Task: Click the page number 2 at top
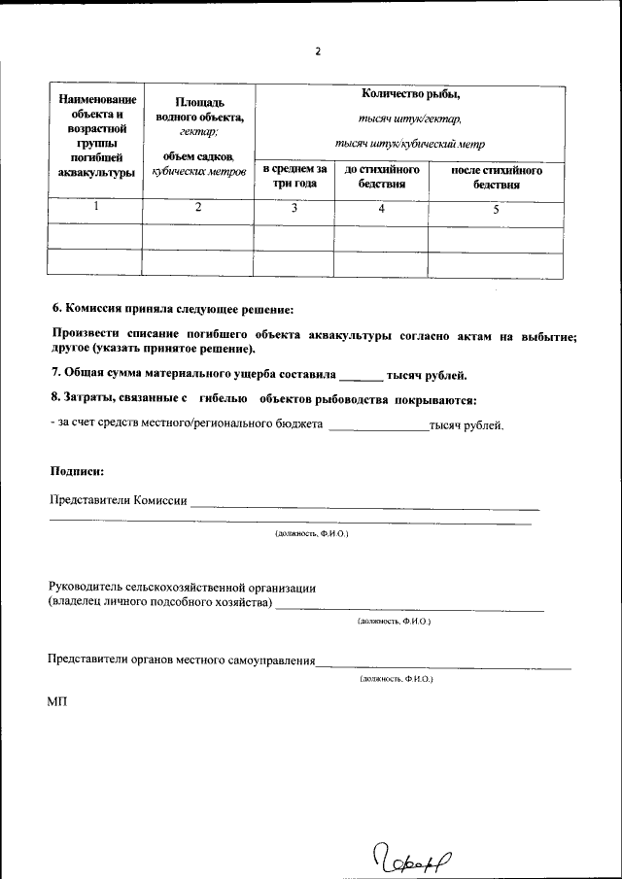[x=317, y=51]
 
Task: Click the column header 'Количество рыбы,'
[x=409, y=94]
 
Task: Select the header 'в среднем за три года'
[x=294, y=177]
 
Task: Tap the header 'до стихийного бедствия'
[x=381, y=177]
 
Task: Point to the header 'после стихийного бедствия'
[x=496, y=177]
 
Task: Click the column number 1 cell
[x=95, y=207]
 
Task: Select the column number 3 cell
[x=294, y=208]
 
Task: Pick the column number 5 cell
[x=496, y=208]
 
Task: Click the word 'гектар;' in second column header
[x=198, y=131]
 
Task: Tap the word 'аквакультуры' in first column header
[x=95, y=173]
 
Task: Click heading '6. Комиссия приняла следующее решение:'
[x=172, y=309]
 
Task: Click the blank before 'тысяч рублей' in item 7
[x=361, y=375]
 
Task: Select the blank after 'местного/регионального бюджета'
[x=377, y=425]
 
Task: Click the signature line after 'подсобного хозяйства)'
[x=408, y=606]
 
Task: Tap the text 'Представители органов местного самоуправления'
[x=182, y=659]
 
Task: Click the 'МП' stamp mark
[x=57, y=701]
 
